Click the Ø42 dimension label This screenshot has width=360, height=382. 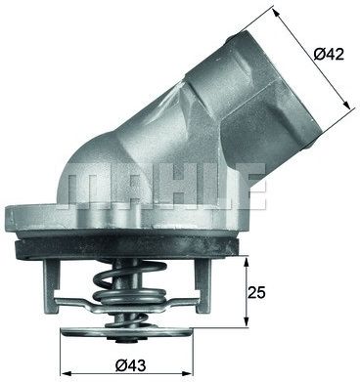[x=329, y=54]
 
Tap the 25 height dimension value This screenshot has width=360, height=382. [x=256, y=293]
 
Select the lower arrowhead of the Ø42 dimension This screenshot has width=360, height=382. [x=346, y=105]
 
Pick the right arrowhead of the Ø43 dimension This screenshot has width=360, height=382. [x=189, y=373]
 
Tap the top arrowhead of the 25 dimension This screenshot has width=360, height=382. [x=246, y=261]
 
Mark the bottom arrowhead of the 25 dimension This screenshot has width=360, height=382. [x=246, y=321]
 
